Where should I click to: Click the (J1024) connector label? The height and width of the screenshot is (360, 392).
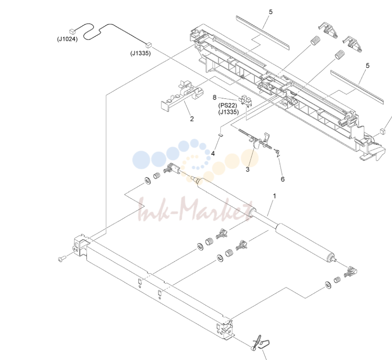coord(67,39)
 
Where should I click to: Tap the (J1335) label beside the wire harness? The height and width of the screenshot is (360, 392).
coord(140,53)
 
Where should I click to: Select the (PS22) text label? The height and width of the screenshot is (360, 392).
coord(228,105)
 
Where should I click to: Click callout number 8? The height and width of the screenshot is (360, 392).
coord(214,97)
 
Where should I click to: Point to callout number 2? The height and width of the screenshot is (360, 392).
coord(192,119)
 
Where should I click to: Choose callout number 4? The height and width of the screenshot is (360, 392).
coord(213,154)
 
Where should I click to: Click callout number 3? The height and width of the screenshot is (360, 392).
coord(248,169)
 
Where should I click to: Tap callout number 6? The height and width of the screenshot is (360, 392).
coord(282,179)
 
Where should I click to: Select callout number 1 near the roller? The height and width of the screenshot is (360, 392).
coord(275,196)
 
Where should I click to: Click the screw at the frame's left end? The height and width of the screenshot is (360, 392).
coord(62,259)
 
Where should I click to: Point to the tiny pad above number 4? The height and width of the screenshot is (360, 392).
coord(220,135)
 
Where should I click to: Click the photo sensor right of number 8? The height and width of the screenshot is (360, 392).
coord(246,99)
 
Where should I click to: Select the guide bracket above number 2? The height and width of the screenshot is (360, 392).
coord(182,96)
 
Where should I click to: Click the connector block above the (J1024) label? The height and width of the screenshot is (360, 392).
coord(72,31)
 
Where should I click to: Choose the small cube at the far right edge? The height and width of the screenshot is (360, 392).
coord(382,131)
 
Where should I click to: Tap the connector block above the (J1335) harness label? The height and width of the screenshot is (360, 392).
coord(149,45)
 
